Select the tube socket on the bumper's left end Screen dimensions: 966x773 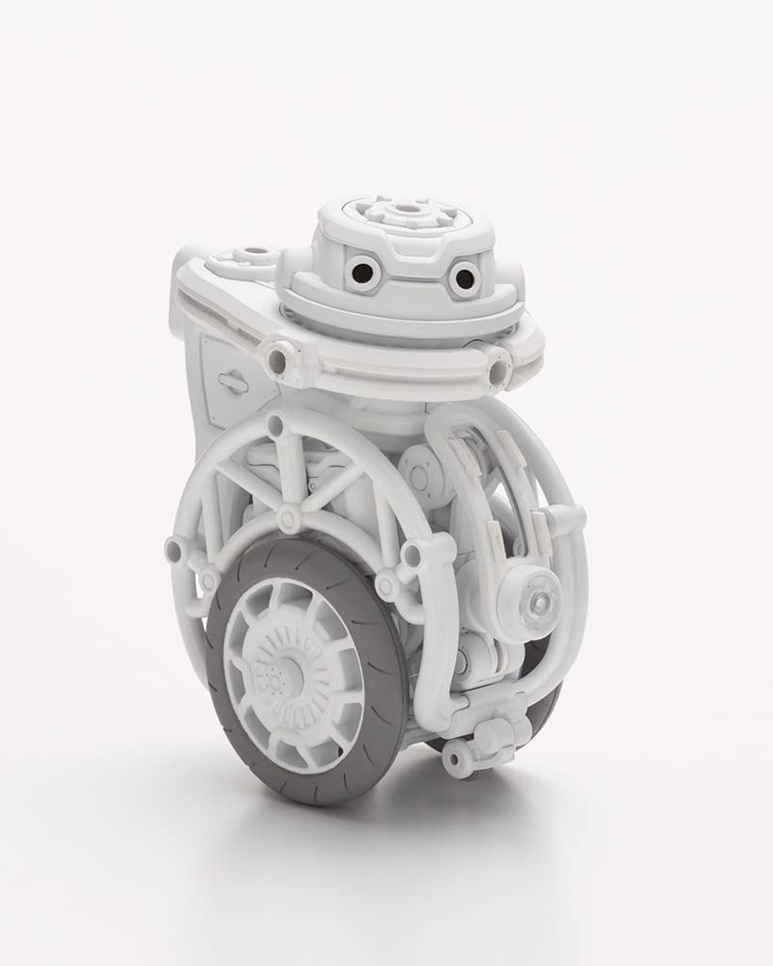tap(277, 360)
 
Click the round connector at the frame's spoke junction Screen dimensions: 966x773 tap(288, 519)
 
